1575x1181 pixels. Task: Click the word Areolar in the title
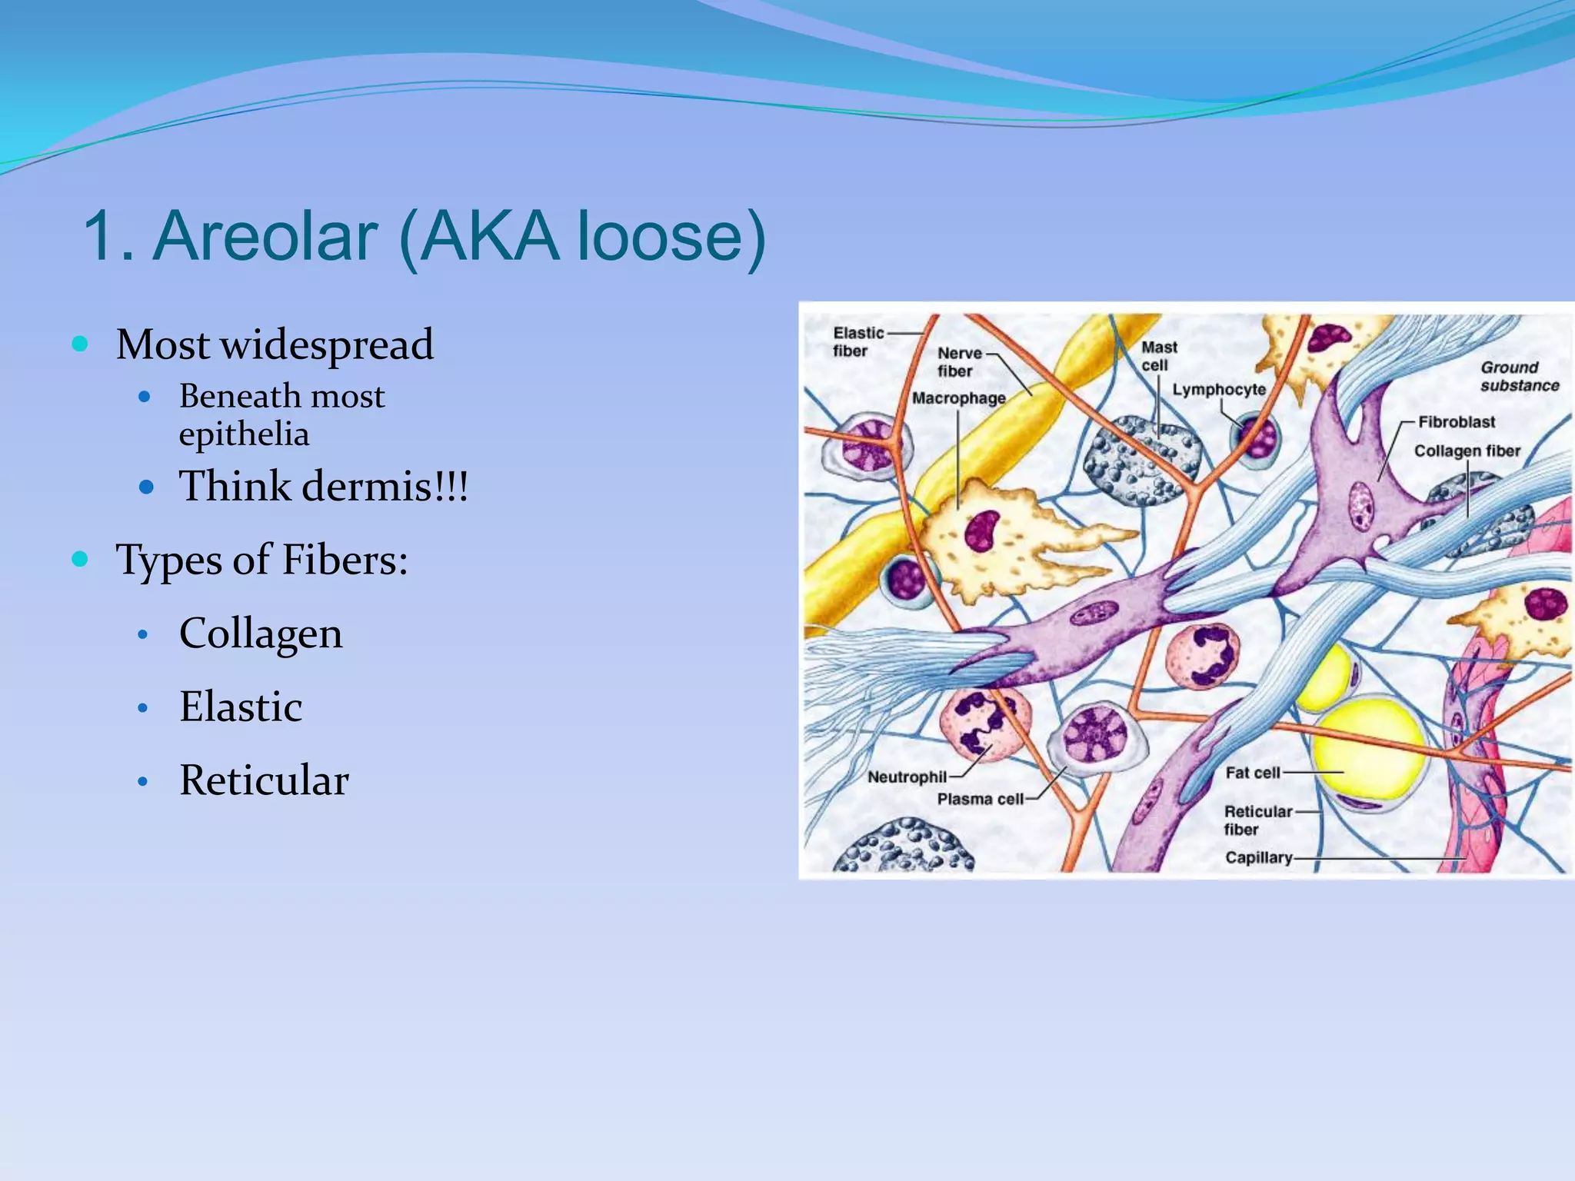265,236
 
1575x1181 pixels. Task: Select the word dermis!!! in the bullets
385,487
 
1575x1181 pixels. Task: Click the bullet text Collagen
261,634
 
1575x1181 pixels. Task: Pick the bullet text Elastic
241,707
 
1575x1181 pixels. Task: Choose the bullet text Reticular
264,780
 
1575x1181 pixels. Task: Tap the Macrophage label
958,398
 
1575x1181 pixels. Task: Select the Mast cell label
1158,356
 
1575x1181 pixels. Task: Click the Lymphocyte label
1218,390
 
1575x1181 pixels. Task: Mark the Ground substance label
1518,377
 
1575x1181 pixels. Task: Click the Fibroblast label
1456,422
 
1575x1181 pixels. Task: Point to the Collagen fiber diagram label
1467,451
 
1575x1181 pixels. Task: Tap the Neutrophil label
906,777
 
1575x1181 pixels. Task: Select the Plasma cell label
980,800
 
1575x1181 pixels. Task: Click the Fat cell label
1252,773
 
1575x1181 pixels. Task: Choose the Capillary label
1258,857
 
